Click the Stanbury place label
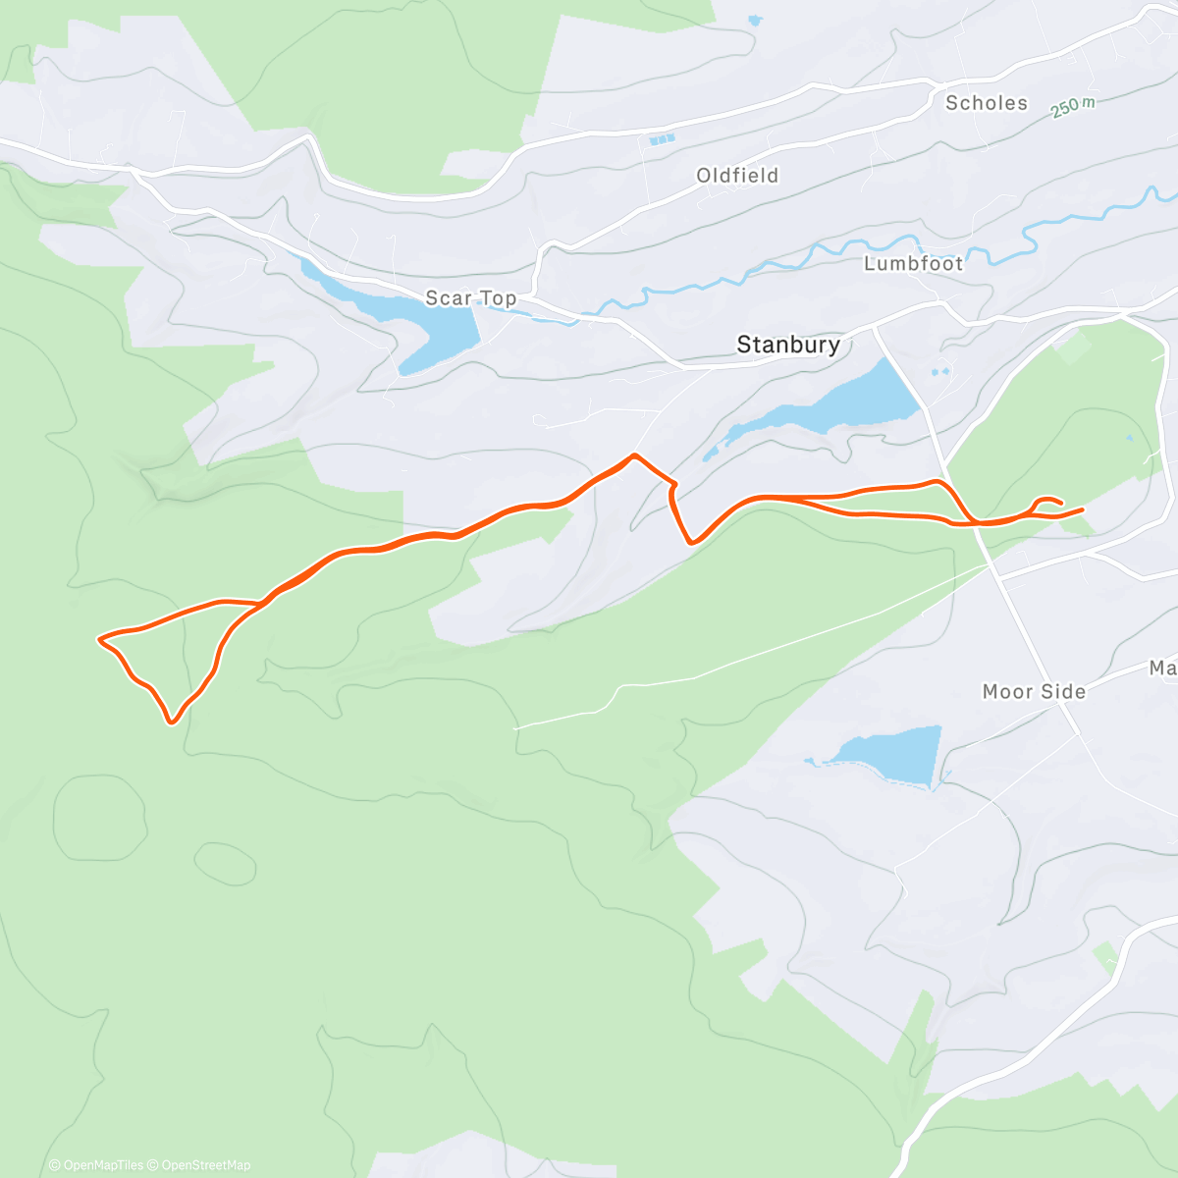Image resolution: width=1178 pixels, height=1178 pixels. click(788, 345)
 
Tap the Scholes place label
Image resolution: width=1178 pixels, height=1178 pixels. click(986, 103)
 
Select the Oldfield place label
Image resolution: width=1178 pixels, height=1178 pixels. click(737, 176)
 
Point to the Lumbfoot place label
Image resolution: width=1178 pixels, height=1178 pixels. click(913, 263)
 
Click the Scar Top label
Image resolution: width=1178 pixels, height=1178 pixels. click(470, 297)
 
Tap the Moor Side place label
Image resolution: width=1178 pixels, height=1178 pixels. click(1034, 692)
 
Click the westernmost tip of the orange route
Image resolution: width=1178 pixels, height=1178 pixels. click(99, 640)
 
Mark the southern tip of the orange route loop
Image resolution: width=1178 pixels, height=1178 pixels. click(172, 723)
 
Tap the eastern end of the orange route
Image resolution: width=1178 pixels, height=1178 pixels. click(1082, 509)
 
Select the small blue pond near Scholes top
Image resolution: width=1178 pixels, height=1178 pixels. click(753, 19)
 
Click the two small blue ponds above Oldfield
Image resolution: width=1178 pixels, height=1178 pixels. click(661, 140)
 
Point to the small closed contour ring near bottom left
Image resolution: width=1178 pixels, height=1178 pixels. click(225, 863)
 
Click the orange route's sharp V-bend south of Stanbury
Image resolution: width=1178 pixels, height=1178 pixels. click(692, 541)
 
